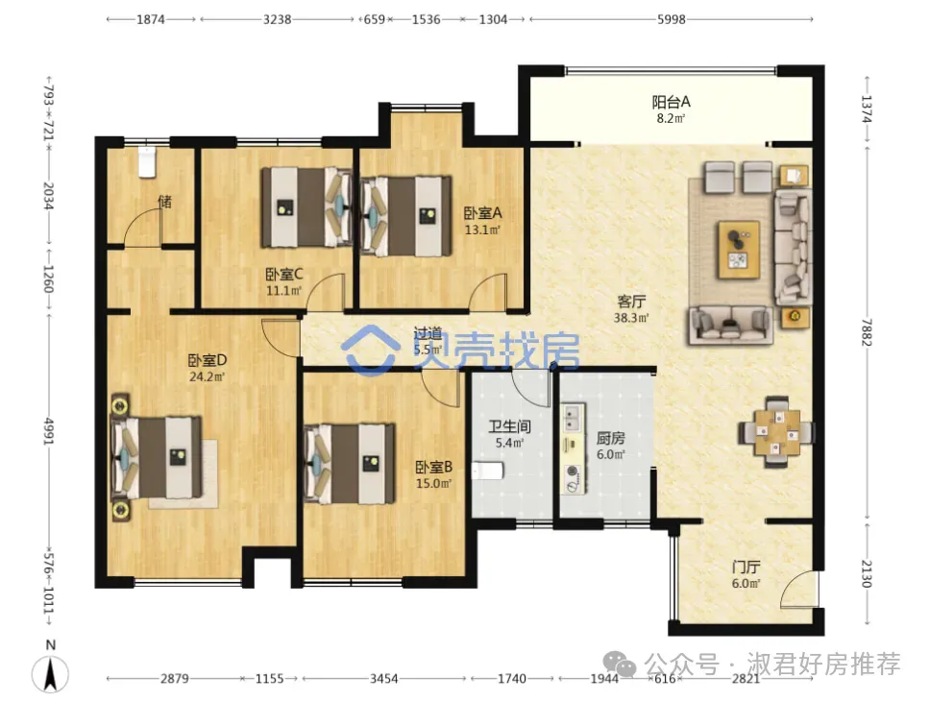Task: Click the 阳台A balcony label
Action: pos(671,102)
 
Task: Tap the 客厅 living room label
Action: pos(631,302)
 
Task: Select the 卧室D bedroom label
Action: pos(207,360)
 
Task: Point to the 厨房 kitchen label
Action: pos(610,438)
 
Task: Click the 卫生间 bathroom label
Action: pos(509,426)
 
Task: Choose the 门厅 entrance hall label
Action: pos(746,567)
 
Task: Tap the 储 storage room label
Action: pos(165,202)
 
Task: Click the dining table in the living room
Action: pos(776,432)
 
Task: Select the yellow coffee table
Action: pos(739,249)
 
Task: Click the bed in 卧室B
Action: pos(350,464)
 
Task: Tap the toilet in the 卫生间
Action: pos(487,471)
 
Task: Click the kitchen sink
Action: pos(573,418)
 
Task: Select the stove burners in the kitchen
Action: pos(573,479)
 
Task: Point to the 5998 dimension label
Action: pos(671,19)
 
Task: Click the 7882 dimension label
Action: pos(867,332)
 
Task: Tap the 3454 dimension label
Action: pos(383,678)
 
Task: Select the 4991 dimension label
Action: pos(49,431)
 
